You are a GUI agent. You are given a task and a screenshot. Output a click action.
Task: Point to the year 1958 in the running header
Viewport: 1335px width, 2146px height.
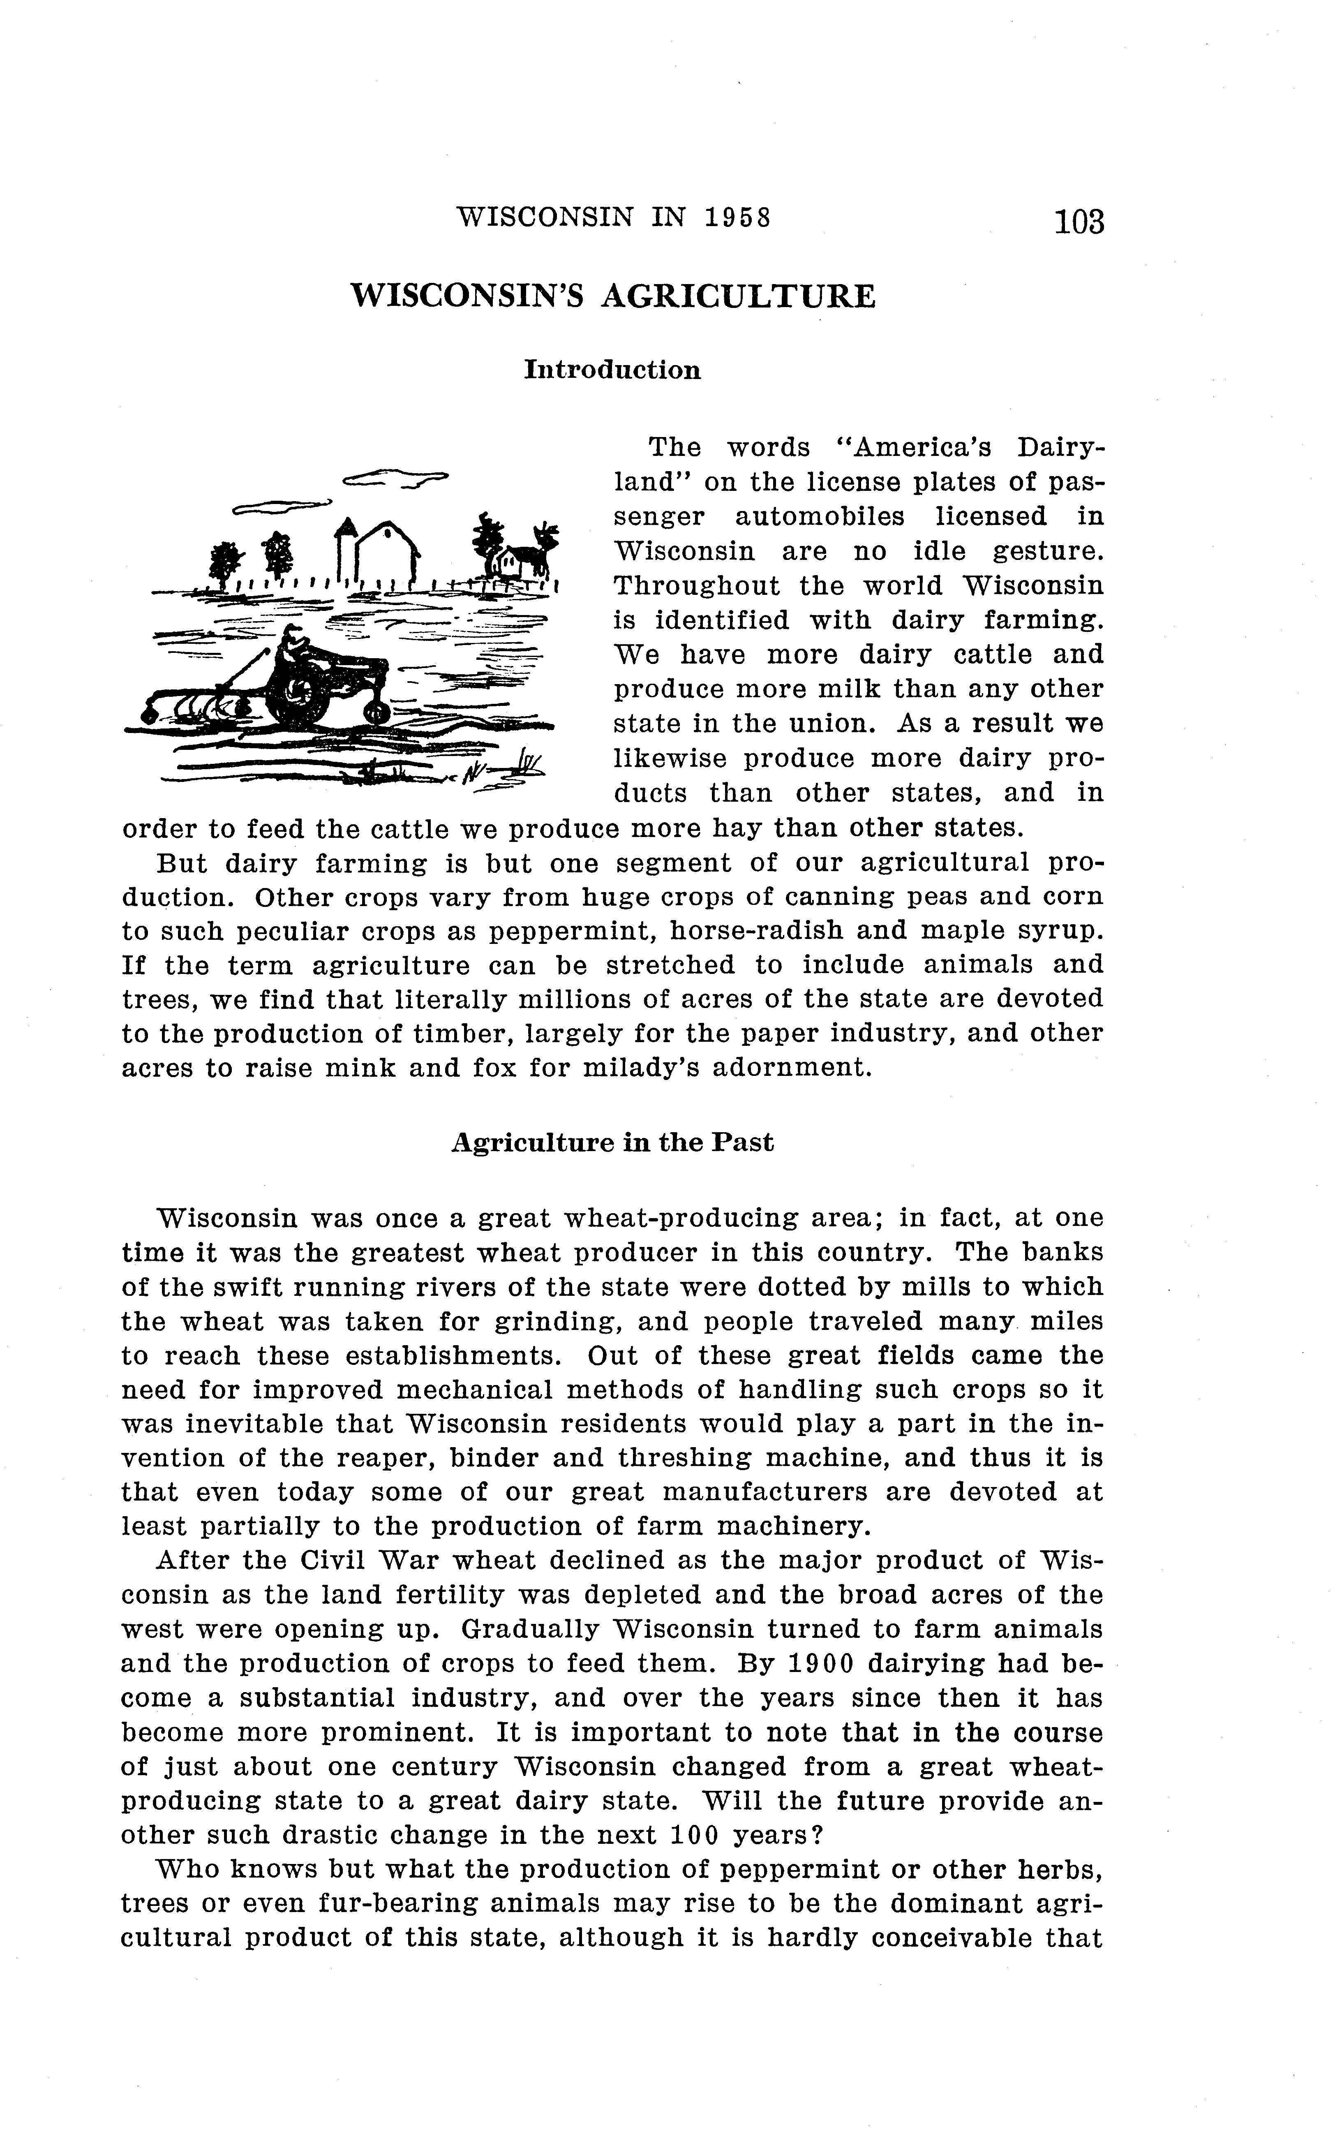click(x=738, y=217)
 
